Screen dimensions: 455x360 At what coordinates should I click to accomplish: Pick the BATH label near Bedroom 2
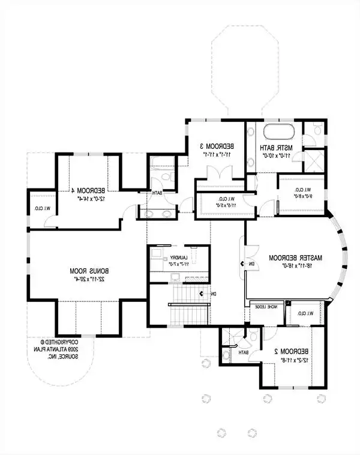tap(243, 353)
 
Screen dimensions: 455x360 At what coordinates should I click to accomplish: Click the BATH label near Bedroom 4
tap(157, 193)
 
